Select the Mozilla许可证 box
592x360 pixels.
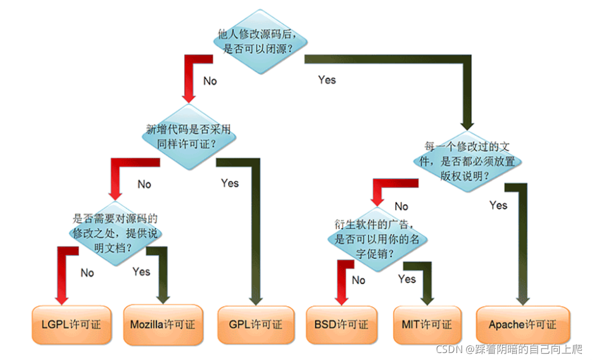pos(163,325)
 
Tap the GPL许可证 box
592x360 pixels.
pos(256,325)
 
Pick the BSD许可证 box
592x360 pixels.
pos(341,325)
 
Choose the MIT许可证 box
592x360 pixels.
pos(427,325)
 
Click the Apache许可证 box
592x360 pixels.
pos(522,325)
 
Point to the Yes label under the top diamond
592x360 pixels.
pos(327,80)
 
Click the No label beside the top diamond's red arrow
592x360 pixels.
pos(210,81)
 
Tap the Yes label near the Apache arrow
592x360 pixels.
pos(498,205)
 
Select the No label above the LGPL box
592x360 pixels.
pos(87,273)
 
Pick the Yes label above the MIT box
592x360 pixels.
pos(407,279)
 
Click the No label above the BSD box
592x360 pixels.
pos(358,280)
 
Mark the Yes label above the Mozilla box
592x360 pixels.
pos(141,271)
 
